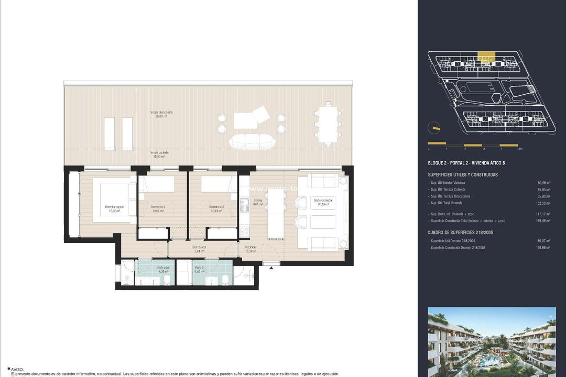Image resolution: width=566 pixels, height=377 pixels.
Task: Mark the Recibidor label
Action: tap(251, 249)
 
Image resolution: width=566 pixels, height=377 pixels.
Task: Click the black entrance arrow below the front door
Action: tap(271, 268)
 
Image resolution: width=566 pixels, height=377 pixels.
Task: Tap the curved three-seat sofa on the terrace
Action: tap(252, 141)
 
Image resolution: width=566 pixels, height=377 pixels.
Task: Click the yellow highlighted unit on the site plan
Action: tap(487, 56)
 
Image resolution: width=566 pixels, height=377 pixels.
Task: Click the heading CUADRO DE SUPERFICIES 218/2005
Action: tap(461, 232)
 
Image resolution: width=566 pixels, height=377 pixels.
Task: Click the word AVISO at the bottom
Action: tap(17, 369)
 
